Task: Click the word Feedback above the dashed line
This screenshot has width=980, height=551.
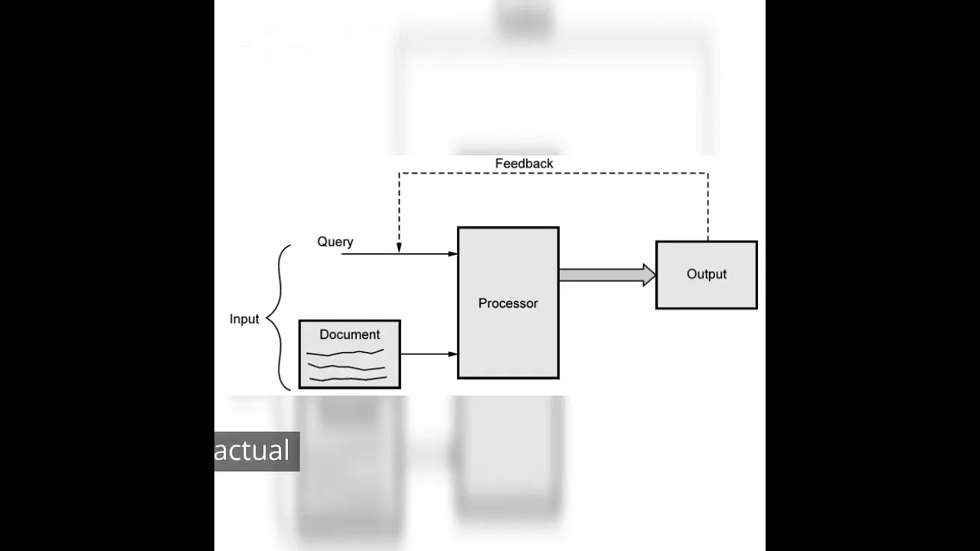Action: coord(524,164)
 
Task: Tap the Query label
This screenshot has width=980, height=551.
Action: coord(335,242)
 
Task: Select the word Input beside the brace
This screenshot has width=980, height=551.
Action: coord(244,319)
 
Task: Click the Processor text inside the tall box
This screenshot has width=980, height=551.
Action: coord(508,303)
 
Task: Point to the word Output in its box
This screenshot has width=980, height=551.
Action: coord(706,274)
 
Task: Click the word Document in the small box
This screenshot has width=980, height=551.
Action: coord(349,334)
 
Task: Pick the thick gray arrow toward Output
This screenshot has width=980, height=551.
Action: coord(601,275)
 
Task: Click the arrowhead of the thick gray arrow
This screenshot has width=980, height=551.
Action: coord(649,275)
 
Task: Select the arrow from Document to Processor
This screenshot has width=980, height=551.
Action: coord(428,354)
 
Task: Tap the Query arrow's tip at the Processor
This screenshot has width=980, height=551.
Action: coord(453,253)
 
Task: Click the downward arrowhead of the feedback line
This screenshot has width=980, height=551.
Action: coord(399,247)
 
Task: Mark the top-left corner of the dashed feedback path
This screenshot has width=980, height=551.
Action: coord(399,174)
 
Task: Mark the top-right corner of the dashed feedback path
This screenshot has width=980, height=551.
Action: coord(707,174)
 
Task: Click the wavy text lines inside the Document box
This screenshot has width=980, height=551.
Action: coord(346,366)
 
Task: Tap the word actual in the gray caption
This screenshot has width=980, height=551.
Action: coord(252,451)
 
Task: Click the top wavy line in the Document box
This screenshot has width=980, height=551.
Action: coord(345,353)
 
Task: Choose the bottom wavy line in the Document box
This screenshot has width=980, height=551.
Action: coord(346,378)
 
